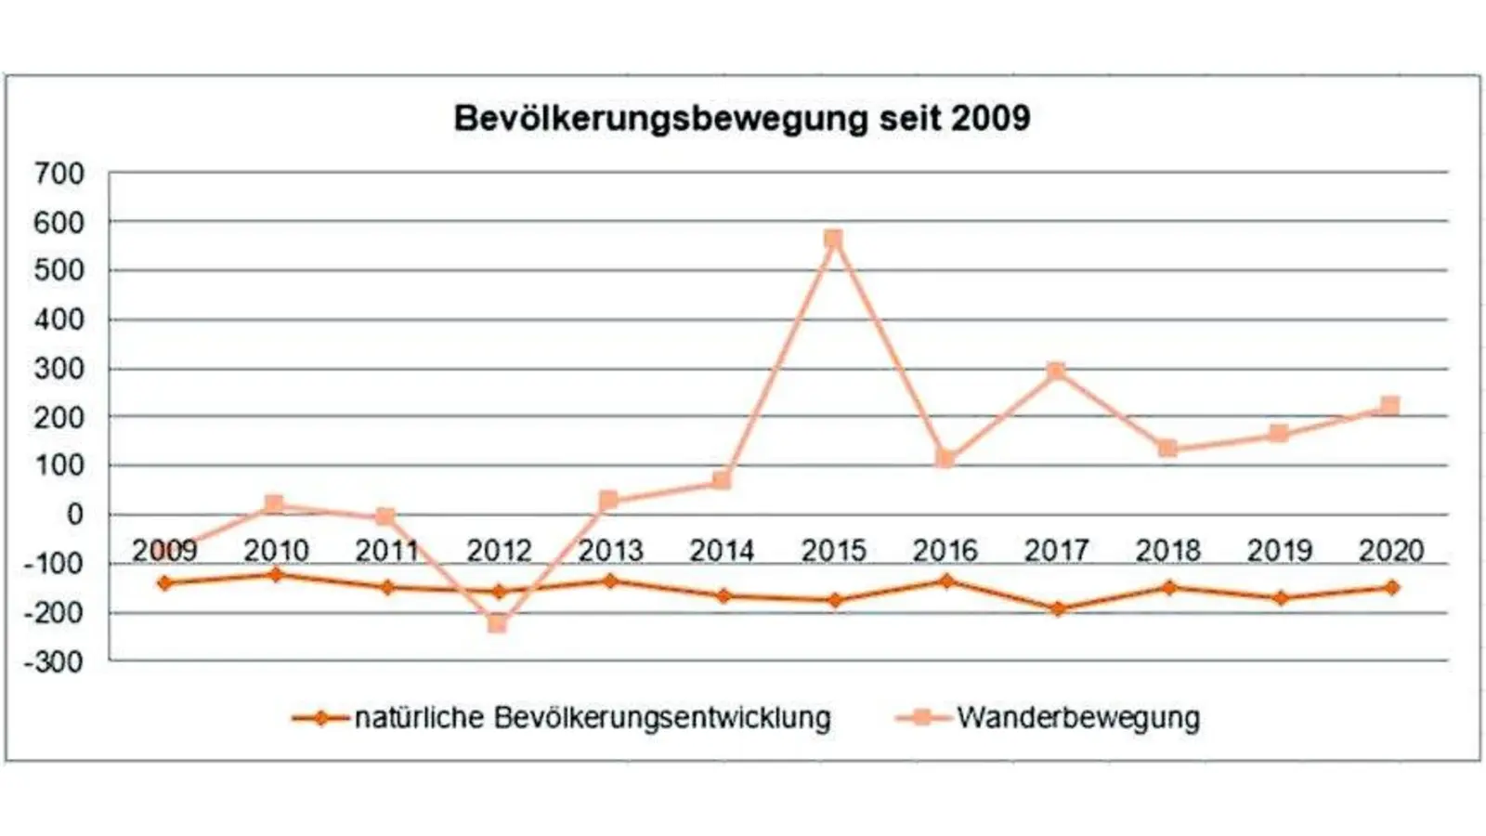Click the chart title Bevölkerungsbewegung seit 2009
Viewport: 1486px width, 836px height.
click(741, 119)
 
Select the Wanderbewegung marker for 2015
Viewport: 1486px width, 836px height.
click(833, 240)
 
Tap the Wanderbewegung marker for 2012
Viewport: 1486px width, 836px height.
click(498, 623)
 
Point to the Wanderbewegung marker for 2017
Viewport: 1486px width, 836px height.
click(1056, 371)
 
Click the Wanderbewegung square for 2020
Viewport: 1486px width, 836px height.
click(1390, 406)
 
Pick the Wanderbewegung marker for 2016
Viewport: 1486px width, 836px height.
click(945, 458)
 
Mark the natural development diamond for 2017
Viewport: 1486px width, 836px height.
click(1057, 609)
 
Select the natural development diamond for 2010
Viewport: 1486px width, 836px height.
click(276, 575)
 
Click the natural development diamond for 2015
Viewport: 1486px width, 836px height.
click(834, 600)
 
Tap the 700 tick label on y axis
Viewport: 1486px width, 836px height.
click(59, 174)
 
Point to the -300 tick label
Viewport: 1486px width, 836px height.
click(53, 663)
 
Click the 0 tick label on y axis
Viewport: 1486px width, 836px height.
click(74, 515)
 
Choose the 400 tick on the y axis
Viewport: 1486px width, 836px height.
click(59, 320)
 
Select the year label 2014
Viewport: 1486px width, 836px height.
click(722, 551)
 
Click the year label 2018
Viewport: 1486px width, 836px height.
click(1167, 551)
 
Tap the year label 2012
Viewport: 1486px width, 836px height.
click(499, 551)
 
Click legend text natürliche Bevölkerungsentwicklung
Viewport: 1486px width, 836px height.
click(593, 718)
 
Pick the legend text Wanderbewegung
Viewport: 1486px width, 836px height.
click(1078, 718)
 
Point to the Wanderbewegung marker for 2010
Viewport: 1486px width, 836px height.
click(275, 504)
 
